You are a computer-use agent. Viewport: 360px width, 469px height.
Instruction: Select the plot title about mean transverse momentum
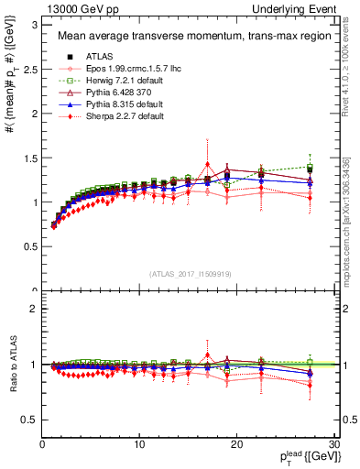click(x=180, y=37)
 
